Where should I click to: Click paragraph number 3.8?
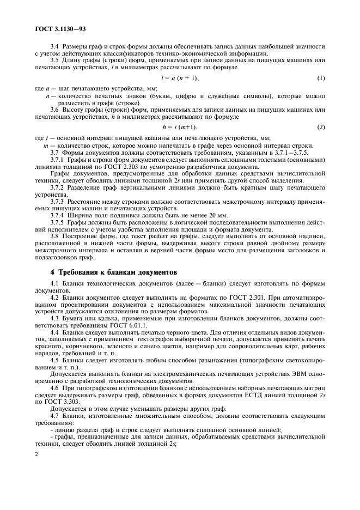coord(56,236)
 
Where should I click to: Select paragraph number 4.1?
coord(56,284)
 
